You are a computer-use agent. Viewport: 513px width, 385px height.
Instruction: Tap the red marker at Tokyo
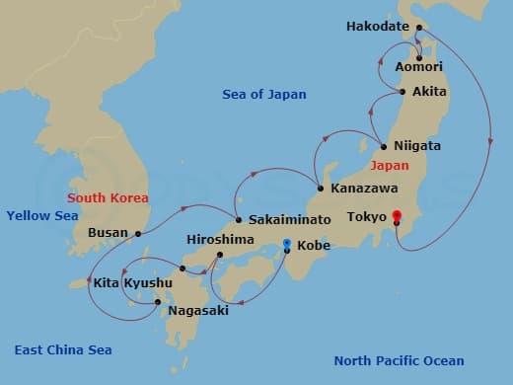pyautogui.click(x=397, y=215)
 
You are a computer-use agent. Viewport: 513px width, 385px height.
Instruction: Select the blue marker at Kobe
pyautogui.click(x=286, y=244)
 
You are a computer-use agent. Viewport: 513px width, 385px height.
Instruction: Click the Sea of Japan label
pyautogui.click(x=263, y=95)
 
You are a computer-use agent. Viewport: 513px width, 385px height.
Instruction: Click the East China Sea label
pyautogui.click(x=63, y=349)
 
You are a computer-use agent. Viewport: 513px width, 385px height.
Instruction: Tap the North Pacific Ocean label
pyautogui.click(x=399, y=360)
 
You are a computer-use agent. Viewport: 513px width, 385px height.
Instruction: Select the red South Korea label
pyautogui.click(x=108, y=198)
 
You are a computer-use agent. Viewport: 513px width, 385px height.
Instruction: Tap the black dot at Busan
pyautogui.click(x=138, y=234)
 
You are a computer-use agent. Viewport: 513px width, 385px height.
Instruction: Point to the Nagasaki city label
pyautogui.click(x=198, y=310)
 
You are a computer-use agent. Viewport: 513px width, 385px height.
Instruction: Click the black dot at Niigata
pyautogui.click(x=383, y=147)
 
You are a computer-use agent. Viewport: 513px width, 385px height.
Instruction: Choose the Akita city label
pyautogui.click(x=429, y=92)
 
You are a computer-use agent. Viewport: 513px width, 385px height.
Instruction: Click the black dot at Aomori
pyautogui.click(x=419, y=56)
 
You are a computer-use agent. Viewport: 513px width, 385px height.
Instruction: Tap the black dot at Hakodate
pyautogui.click(x=418, y=28)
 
